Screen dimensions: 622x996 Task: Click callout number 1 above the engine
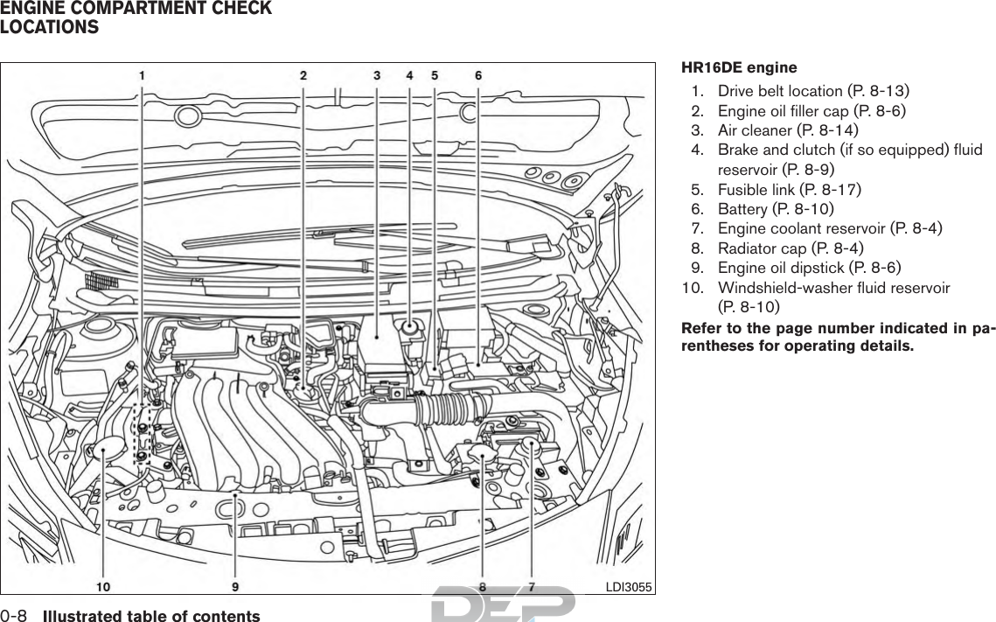point(143,75)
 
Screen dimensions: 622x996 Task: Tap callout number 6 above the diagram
point(477,75)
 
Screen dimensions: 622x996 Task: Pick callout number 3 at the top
point(377,75)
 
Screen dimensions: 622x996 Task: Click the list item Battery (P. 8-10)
point(775,209)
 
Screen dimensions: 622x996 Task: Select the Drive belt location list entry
point(812,91)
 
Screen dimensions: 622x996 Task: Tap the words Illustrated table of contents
point(151,616)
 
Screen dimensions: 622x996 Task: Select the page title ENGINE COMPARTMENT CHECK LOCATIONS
point(136,17)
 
